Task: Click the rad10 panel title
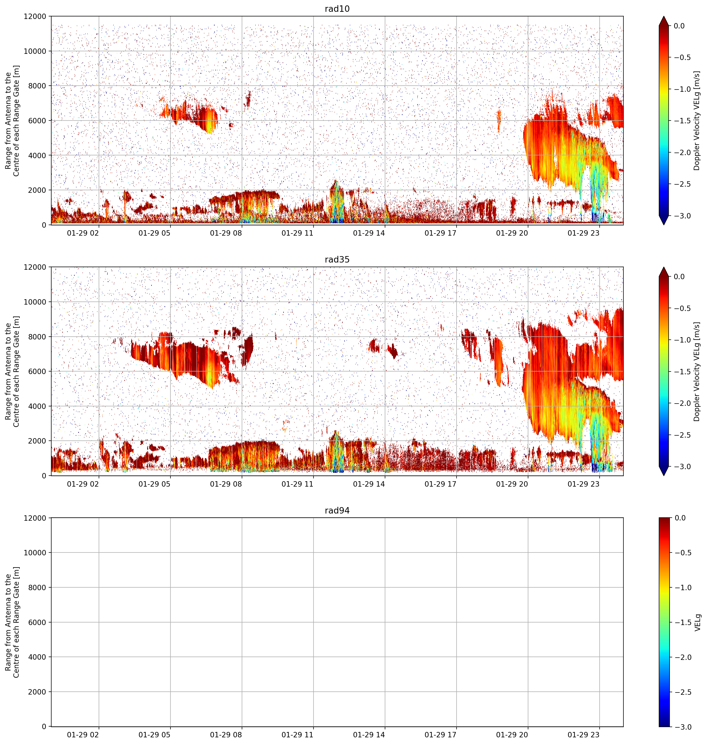point(337,9)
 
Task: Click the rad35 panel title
point(337,259)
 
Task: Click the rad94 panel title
point(337,510)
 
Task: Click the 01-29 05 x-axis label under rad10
point(155,233)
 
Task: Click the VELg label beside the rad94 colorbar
point(698,622)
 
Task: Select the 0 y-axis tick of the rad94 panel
point(44,726)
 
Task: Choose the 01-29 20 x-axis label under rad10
point(512,233)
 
